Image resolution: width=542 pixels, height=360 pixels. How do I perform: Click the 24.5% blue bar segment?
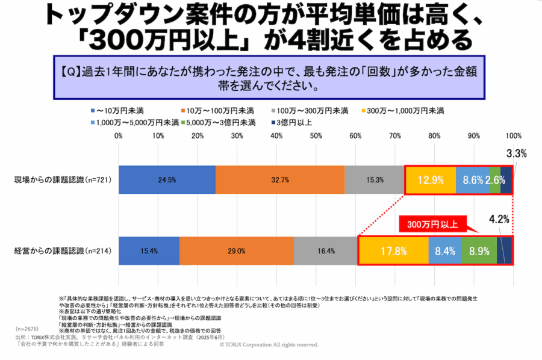click(167, 179)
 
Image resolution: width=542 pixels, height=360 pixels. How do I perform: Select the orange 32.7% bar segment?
click(280, 179)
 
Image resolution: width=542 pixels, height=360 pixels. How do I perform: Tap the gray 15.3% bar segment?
click(373, 179)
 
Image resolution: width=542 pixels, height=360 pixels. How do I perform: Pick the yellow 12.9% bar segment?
click(430, 179)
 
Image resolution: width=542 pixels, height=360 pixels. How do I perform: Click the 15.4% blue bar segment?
click(149, 250)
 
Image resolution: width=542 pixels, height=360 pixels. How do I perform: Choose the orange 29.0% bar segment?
click(236, 250)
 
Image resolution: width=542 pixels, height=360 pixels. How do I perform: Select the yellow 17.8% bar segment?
click(393, 250)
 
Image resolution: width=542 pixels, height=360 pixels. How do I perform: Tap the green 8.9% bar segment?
click(479, 250)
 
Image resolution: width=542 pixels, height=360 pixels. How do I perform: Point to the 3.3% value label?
click(516, 154)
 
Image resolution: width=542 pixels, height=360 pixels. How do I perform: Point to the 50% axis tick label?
click(316, 136)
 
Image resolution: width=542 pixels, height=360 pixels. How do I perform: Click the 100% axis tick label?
click(514, 136)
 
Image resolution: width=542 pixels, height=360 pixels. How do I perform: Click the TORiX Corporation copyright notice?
click(269, 344)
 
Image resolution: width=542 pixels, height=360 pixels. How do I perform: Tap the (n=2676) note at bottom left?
click(28, 330)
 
